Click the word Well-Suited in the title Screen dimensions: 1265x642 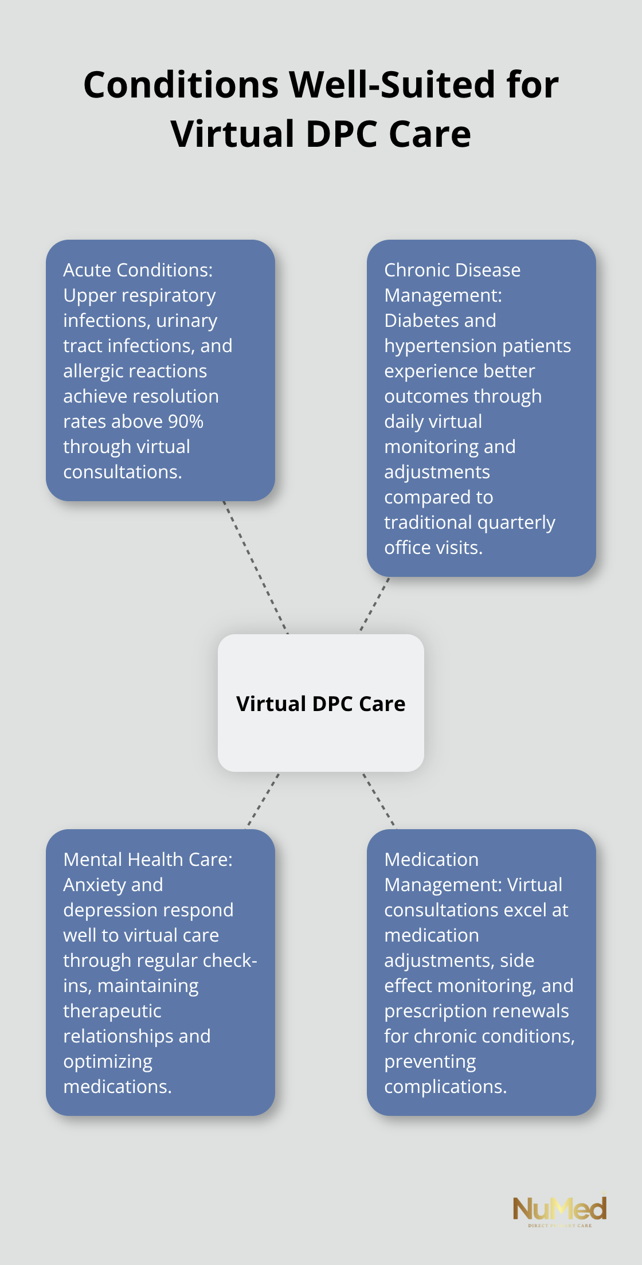coord(392,85)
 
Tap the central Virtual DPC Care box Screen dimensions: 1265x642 coord(321,703)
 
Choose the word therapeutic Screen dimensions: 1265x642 coord(112,1011)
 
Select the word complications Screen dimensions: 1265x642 coord(445,1087)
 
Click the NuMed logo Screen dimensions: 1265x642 coord(559,1210)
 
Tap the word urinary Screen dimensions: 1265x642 coord(187,321)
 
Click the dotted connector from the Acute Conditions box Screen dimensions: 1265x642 coord(255,568)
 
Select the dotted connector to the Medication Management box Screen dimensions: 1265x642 coord(379,800)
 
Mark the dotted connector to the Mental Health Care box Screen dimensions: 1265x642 coord(263,801)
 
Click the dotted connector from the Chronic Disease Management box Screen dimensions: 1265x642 coord(374,605)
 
